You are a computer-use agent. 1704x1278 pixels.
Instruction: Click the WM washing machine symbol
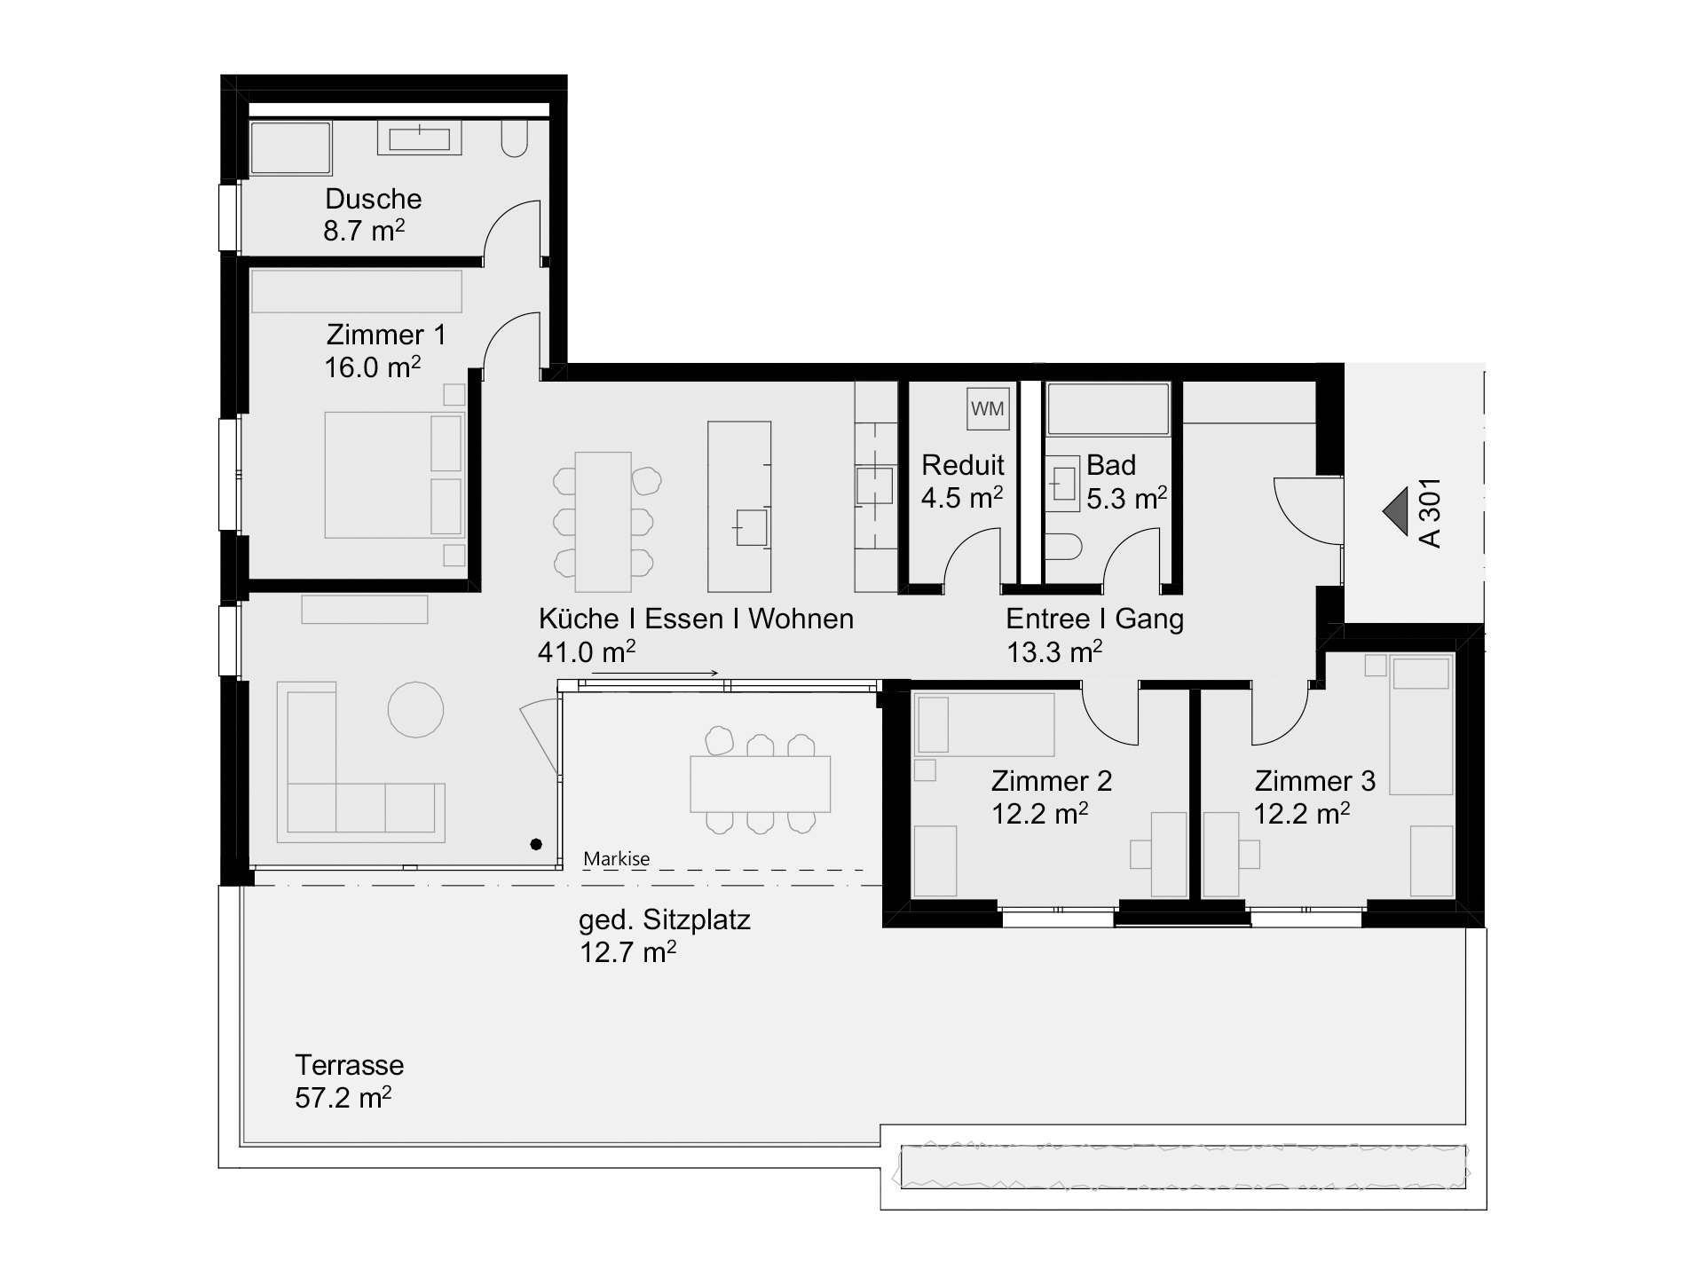coord(988,408)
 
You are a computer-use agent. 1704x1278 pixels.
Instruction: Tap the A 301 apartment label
coord(1430,513)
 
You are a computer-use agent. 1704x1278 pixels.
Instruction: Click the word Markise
coord(617,858)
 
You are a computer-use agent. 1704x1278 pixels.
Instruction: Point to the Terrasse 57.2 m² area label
coord(349,1081)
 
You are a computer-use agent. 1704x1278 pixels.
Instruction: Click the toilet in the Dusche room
coord(515,139)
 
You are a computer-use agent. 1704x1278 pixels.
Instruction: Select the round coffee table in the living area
coord(415,709)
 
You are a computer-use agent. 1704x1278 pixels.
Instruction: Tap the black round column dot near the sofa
coord(536,844)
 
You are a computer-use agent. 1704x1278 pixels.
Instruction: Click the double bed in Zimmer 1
coord(394,475)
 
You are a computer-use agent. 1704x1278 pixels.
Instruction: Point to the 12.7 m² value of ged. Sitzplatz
coord(628,952)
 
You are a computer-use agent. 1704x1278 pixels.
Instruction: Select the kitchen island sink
coord(751,527)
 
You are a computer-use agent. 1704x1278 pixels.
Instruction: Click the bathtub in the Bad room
coord(1108,409)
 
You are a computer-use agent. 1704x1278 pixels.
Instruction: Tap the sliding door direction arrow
coord(655,674)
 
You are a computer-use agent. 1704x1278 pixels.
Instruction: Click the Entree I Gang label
coord(1094,619)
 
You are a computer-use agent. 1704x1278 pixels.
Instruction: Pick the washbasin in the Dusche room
coord(420,138)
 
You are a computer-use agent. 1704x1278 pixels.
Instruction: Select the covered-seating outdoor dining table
coord(761,784)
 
